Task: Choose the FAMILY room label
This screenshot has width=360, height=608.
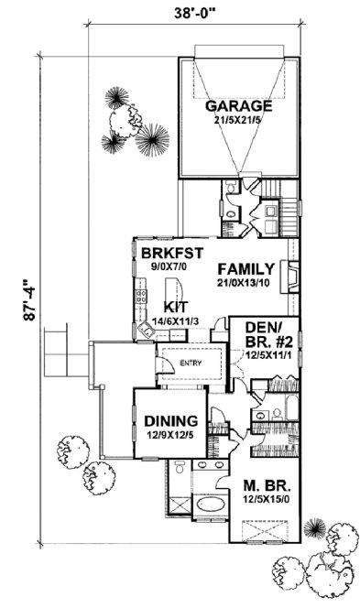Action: pos(245,269)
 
